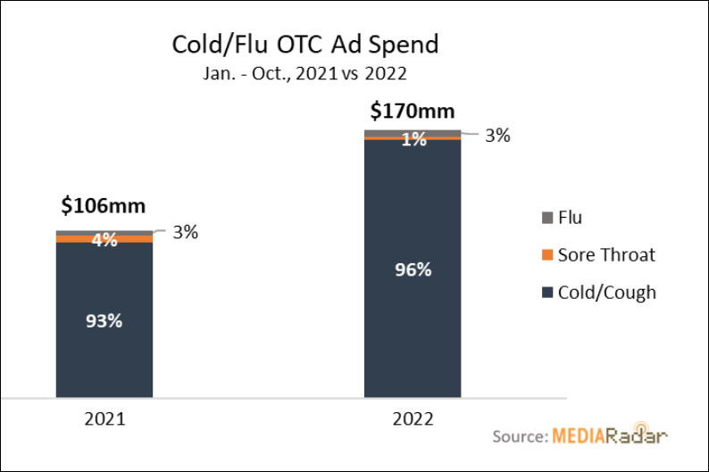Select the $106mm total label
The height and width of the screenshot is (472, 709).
click(104, 206)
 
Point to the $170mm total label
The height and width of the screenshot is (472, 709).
click(412, 112)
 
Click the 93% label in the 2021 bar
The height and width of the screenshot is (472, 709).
click(104, 320)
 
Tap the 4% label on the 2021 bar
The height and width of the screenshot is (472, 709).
click(104, 239)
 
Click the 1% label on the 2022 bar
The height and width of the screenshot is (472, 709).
click(412, 138)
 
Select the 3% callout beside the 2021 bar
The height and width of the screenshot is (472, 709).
click(184, 232)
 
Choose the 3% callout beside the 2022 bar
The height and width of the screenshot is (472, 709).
click(496, 136)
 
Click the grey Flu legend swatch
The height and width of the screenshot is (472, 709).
click(547, 218)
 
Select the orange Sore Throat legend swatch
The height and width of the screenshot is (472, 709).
click(547, 255)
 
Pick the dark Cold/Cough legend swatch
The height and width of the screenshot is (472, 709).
click(547, 293)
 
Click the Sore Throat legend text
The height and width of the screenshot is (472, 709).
click(606, 255)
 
